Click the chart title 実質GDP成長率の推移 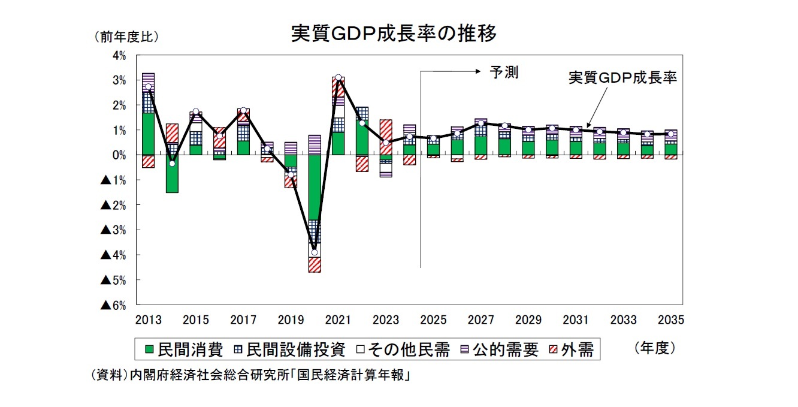394,34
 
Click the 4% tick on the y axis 118,55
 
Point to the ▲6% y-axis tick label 113,305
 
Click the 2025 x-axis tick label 433,320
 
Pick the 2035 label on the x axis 670,320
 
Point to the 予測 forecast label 504,73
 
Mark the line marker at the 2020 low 315,252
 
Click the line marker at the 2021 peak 338,77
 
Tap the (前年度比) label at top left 126,37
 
